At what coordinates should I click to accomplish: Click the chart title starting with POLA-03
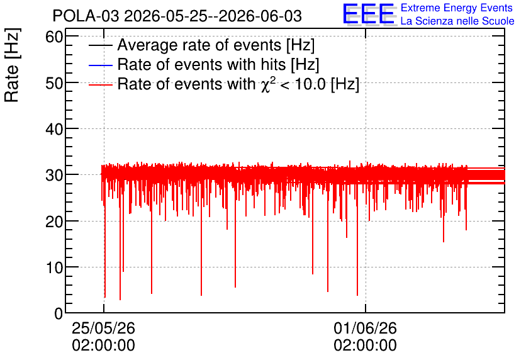pyautogui.click(x=177, y=16)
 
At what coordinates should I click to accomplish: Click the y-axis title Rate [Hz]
pyautogui.click(x=12, y=65)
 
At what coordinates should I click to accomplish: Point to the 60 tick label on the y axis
pyautogui.click(x=54, y=37)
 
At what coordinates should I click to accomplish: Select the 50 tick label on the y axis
pyautogui.click(x=54, y=83)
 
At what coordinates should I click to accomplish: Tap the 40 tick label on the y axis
pyautogui.click(x=54, y=129)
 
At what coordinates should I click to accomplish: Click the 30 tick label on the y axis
pyautogui.click(x=54, y=175)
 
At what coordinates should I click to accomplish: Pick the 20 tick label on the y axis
pyautogui.click(x=54, y=221)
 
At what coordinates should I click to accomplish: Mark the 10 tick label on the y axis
pyautogui.click(x=54, y=267)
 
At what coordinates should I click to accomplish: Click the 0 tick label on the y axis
pyautogui.click(x=59, y=313)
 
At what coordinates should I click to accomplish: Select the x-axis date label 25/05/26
pyautogui.click(x=104, y=328)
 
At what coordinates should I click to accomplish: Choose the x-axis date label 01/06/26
pyautogui.click(x=366, y=328)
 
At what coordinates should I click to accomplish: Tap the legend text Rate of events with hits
pyautogui.click(x=218, y=64)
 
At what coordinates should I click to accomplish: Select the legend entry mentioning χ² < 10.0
pyautogui.click(x=238, y=84)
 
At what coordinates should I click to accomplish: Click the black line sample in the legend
pyautogui.click(x=100, y=45)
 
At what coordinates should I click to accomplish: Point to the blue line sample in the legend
pyautogui.click(x=100, y=65)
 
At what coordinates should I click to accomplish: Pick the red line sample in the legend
pyautogui.click(x=100, y=84)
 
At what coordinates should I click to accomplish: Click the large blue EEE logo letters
pyautogui.click(x=369, y=14)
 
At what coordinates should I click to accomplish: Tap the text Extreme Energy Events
pyautogui.click(x=457, y=8)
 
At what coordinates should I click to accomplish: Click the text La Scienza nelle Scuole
pyautogui.click(x=457, y=21)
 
